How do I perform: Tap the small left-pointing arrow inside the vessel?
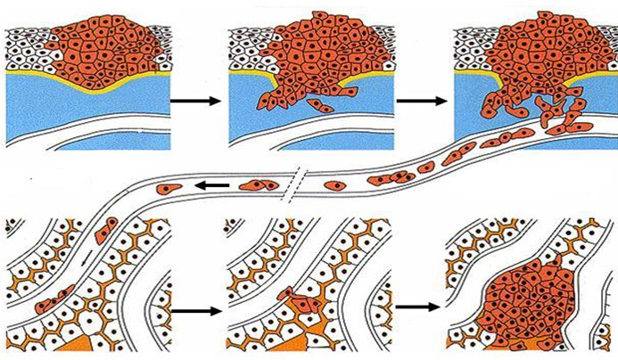211,184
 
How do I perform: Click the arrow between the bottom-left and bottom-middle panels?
195,311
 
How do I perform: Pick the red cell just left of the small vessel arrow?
169,188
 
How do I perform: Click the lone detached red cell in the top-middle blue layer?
326,108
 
